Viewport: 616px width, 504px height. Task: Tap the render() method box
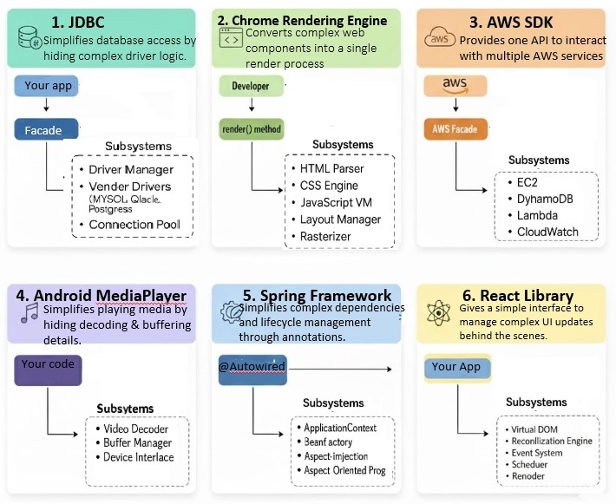(252, 128)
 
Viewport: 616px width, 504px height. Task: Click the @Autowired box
(253, 367)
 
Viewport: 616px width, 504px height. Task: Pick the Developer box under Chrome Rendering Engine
(251, 86)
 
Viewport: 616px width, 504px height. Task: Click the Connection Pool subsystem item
(134, 225)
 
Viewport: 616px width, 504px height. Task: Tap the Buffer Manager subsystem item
(138, 442)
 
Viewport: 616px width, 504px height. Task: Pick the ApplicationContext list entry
(339, 428)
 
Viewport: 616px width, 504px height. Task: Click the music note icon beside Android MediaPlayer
(29, 311)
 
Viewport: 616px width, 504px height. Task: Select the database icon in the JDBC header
(30, 38)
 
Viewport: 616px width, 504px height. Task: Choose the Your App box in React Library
(455, 367)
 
